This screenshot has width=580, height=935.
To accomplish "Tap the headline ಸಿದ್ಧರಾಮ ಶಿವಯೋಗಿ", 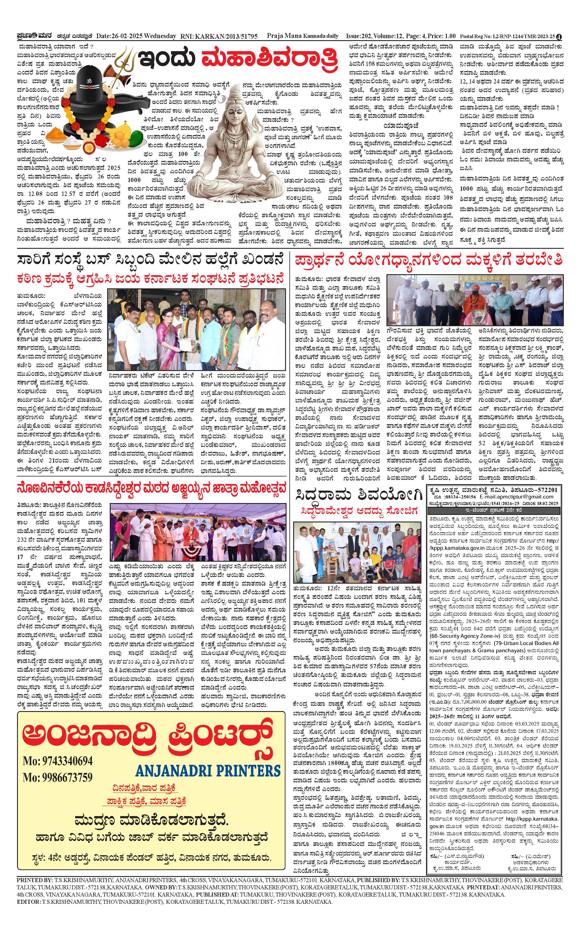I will pos(359,496).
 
